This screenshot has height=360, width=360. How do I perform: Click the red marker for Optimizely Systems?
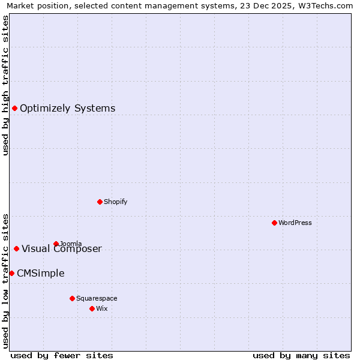point(14,108)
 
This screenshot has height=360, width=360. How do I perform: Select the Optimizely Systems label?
point(67,109)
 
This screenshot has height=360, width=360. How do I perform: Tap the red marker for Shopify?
point(100,202)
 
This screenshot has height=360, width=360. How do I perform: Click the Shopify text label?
point(115,202)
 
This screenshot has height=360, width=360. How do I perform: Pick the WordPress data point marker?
point(274,223)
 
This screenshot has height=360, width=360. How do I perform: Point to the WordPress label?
point(295,223)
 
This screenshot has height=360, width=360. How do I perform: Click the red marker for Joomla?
point(56,244)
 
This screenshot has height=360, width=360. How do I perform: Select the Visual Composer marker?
point(16,248)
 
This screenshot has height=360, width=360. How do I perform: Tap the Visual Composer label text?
point(62,249)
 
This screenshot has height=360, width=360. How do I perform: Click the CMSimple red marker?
point(11,273)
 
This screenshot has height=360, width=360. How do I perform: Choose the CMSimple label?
point(40,274)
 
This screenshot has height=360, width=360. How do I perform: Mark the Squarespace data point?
point(72,298)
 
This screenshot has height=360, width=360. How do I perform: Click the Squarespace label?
point(97,298)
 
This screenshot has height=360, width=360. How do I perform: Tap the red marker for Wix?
point(92,308)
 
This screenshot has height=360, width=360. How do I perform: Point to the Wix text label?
point(102,308)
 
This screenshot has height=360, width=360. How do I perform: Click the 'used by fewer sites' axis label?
point(62,355)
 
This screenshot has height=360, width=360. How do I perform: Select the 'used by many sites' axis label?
point(301,355)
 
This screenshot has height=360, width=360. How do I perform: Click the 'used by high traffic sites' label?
point(5,85)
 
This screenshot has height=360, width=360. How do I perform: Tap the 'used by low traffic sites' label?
point(5,280)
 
